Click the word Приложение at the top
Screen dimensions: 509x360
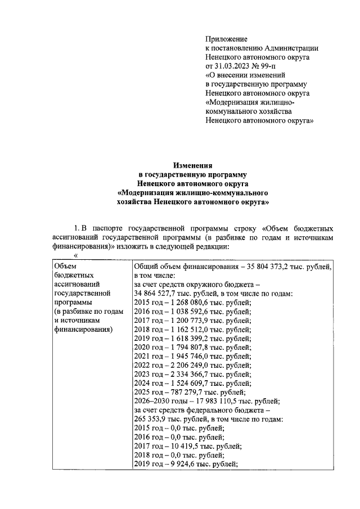227,39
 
